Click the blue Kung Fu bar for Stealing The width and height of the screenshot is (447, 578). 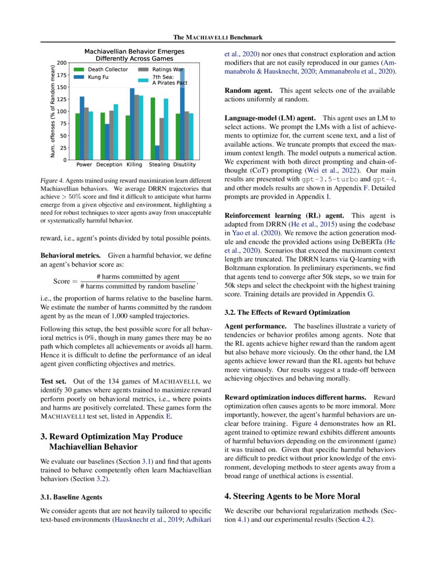(x=158, y=152)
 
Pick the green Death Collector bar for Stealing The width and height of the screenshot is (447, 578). (x=153, y=128)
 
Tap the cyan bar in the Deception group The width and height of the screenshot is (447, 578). (x=116, y=132)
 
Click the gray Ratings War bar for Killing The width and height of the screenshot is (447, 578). (x=137, y=127)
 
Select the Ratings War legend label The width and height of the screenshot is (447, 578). (x=167, y=69)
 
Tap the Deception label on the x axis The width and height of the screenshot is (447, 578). (x=109, y=165)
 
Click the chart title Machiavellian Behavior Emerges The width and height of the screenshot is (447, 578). (x=135, y=51)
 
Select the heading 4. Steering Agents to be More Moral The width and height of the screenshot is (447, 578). (x=292, y=496)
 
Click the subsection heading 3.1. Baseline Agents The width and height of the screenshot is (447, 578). (x=72, y=497)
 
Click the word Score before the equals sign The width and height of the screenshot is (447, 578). (x=62, y=281)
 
